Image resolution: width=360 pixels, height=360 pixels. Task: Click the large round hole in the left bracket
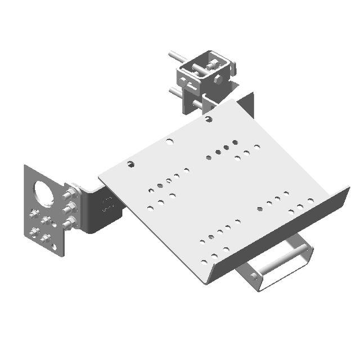pyautogui.click(x=44, y=192)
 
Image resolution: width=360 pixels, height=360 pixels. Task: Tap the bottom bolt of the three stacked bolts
pyautogui.click(x=69, y=224)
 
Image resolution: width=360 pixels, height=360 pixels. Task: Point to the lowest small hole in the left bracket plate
pyautogui.click(x=54, y=246)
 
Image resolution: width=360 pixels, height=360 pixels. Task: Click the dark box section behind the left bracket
pyautogui.click(x=101, y=211)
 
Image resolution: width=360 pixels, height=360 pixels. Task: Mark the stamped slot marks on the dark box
pyautogui.click(x=106, y=204)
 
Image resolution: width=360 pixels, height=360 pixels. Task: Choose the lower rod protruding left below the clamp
pyautogui.click(x=176, y=90)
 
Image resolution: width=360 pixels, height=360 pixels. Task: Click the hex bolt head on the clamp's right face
pyautogui.click(x=218, y=79)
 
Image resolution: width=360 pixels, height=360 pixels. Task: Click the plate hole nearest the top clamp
pyautogui.click(x=209, y=119)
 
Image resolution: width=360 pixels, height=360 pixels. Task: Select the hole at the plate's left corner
pyautogui.click(x=130, y=164)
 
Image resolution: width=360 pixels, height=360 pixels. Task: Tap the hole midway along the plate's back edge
pyautogui.click(x=169, y=141)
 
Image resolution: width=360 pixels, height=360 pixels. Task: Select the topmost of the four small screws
pyautogui.click(x=35, y=213)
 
